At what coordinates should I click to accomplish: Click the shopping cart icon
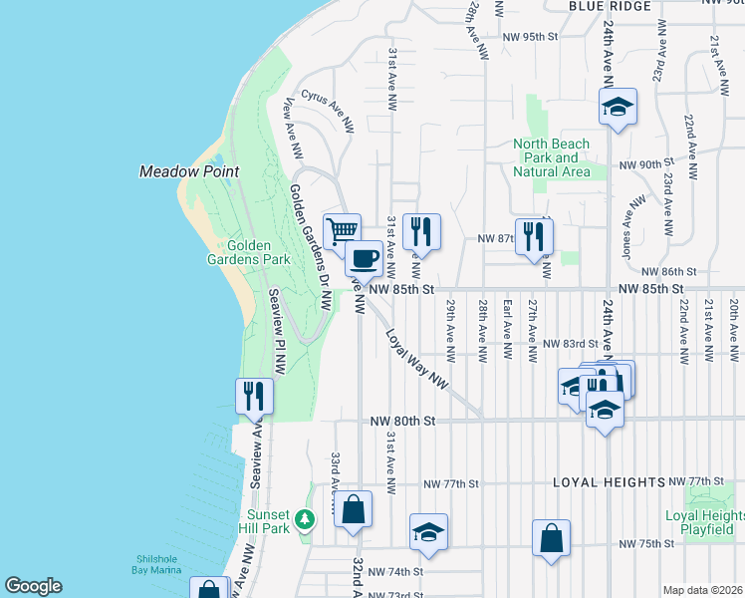point(342,230)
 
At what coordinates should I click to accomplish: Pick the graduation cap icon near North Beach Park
point(618,106)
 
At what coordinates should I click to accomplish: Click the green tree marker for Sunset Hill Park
point(307,519)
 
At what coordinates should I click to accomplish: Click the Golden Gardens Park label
point(258,252)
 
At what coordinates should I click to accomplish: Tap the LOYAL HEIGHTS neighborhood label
point(610,482)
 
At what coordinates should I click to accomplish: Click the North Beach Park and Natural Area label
point(551,157)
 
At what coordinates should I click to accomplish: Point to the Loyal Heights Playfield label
point(705,522)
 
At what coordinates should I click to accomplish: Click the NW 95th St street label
point(533,36)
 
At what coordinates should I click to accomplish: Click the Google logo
point(33,586)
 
